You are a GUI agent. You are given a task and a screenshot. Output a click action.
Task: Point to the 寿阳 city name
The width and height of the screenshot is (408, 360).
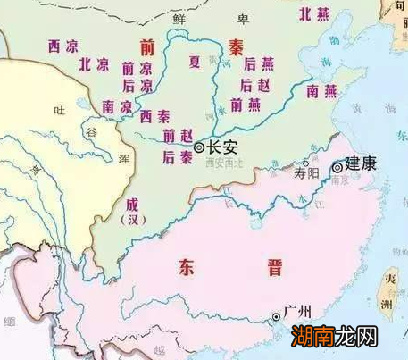[306, 176]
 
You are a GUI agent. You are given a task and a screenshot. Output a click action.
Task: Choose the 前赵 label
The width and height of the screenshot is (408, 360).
[177, 136]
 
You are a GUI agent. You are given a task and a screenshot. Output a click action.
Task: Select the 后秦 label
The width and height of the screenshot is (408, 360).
[177, 156]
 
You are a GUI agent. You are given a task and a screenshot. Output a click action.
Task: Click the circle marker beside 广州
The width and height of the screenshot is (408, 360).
[275, 316]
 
